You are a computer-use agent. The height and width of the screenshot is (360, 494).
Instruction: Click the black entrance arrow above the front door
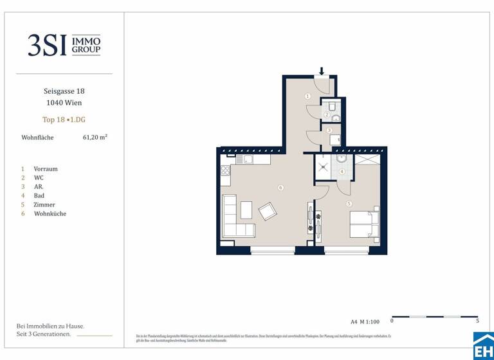click(x=322, y=71)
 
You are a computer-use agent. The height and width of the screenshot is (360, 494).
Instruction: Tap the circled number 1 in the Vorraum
click(x=307, y=96)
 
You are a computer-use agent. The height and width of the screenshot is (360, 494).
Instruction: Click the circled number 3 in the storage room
click(x=329, y=130)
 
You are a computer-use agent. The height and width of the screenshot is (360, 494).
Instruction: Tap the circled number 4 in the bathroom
click(x=342, y=172)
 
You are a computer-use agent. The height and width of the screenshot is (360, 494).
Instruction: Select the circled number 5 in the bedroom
click(x=349, y=204)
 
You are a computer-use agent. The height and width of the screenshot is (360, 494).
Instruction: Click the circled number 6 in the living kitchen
click(x=280, y=188)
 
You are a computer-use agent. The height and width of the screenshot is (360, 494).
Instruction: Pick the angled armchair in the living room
click(x=268, y=210)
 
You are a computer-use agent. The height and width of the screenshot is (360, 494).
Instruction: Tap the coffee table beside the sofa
click(x=246, y=210)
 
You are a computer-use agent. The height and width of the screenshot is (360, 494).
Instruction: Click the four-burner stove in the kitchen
click(x=225, y=171)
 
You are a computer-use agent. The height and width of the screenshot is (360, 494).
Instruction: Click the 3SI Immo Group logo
click(x=64, y=45)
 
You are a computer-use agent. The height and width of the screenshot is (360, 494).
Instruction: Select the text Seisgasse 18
click(x=64, y=91)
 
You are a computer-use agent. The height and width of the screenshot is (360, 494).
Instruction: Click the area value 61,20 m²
click(x=95, y=137)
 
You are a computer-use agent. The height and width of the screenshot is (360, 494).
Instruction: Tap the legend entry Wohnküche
click(x=50, y=213)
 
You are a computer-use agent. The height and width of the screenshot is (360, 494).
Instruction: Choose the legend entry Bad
click(x=39, y=195)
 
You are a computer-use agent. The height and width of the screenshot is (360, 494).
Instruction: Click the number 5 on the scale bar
click(x=477, y=320)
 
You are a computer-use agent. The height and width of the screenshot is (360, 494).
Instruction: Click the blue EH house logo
click(x=483, y=346)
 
